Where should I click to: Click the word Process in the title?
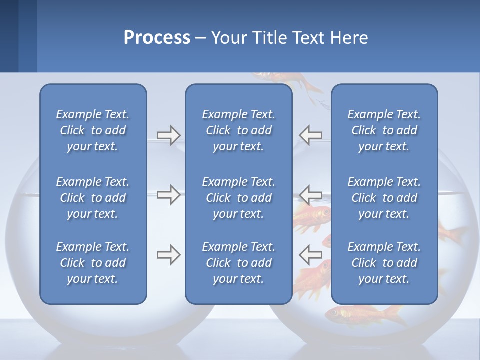pos(157,38)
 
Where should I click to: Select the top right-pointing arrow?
pos(168,135)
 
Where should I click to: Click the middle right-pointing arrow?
pos(168,195)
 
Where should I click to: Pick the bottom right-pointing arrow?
pos(168,255)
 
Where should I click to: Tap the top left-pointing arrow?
pos(310,135)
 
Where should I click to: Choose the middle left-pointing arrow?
pos(310,195)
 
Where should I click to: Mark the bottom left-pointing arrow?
pos(310,255)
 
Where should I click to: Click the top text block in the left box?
pos(93,130)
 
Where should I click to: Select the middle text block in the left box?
pos(93,198)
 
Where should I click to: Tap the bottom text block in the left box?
pos(93,263)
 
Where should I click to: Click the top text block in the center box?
pos(238,130)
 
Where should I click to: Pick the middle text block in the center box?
pos(238,198)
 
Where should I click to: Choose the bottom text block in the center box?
pos(238,263)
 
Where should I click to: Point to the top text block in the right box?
pos(384,130)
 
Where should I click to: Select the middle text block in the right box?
pos(384,198)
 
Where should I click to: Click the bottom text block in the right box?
pos(384,263)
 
